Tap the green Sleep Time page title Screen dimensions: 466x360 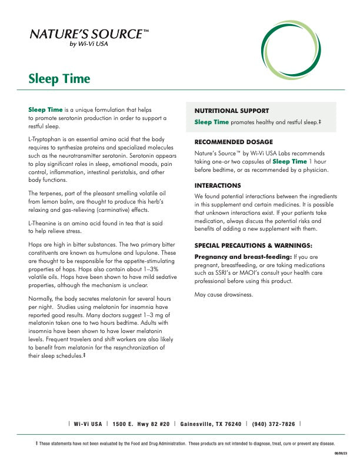[x=59, y=79]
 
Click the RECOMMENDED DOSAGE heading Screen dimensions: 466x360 [x=234, y=142]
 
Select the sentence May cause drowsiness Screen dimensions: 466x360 [x=224, y=294]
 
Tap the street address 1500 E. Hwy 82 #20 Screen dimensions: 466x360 [x=141, y=424]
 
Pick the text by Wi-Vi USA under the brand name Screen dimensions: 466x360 [x=89, y=43]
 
